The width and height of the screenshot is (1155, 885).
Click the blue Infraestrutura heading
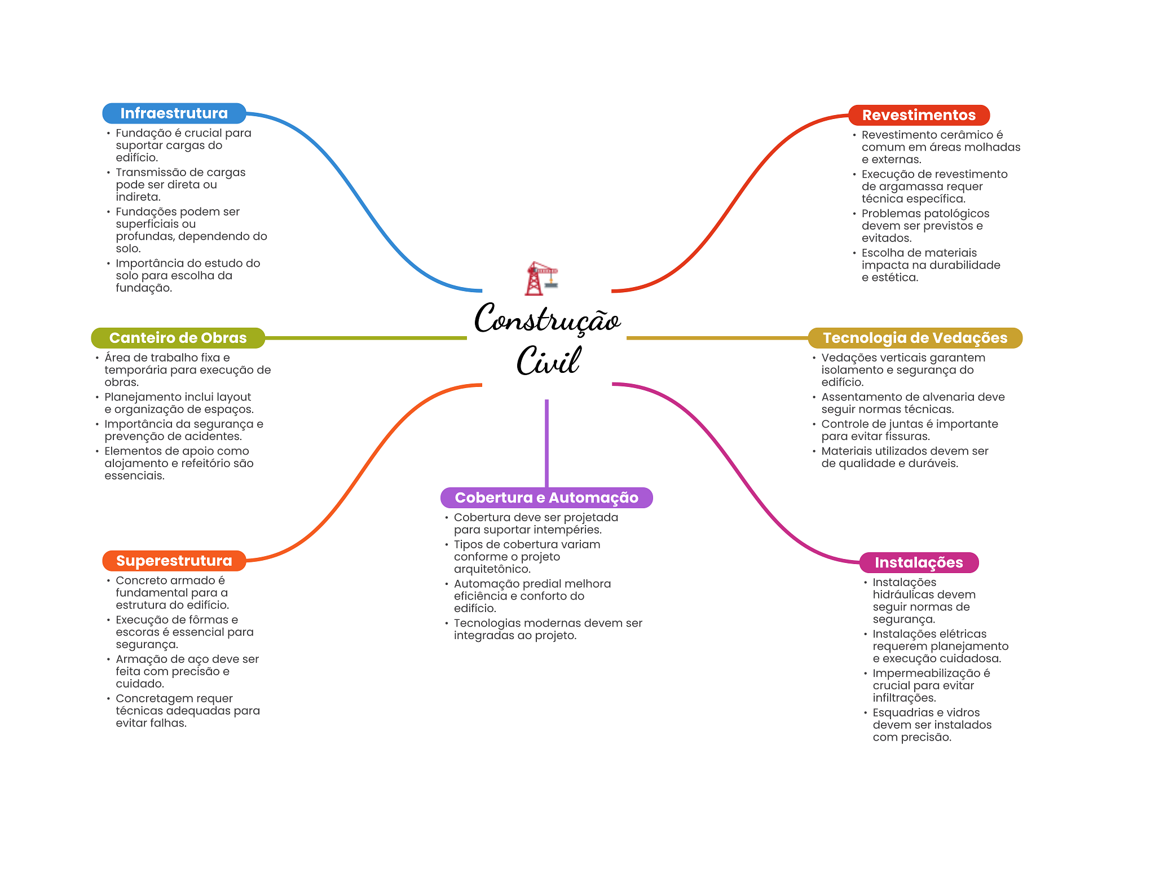coord(174,113)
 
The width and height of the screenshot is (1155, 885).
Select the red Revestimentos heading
coord(919,115)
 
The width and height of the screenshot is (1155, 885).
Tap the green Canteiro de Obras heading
coord(178,338)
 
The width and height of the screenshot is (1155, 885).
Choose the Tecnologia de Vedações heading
coord(915,338)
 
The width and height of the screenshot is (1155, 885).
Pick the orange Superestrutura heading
coord(174,561)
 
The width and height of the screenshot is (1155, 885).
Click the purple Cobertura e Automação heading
coord(546,497)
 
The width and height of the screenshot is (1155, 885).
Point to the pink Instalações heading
coord(919,562)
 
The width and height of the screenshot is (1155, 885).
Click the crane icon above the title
coord(541,278)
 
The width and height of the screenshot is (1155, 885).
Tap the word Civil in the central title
coord(548,360)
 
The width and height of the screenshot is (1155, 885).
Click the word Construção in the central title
coord(547,319)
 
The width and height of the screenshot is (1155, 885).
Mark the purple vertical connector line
coord(546,443)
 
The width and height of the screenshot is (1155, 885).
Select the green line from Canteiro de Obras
coord(366,338)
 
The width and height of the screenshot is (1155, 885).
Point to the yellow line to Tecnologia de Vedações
coord(717,338)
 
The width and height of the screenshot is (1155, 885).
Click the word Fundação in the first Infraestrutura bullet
coord(144,134)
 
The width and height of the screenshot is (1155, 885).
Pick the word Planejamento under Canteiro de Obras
coord(143,398)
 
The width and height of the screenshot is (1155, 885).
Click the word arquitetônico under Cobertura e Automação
coord(492,570)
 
